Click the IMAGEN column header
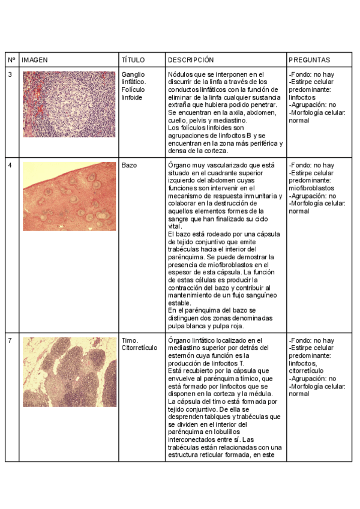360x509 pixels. tap(35, 61)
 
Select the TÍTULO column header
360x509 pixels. tap(133, 61)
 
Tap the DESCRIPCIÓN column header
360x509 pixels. tap(191, 61)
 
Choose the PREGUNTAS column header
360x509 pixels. tap(309, 61)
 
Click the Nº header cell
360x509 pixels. tap(11, 61)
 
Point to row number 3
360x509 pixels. tap(10, 74)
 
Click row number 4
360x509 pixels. tap(10, 165)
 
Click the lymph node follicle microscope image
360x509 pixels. tap(69, 104)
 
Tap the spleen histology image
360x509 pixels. tap(69, 196)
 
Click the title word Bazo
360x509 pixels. tap(129, 165)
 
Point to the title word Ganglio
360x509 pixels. tap(133, 74)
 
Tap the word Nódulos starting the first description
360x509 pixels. tap(181, 74)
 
